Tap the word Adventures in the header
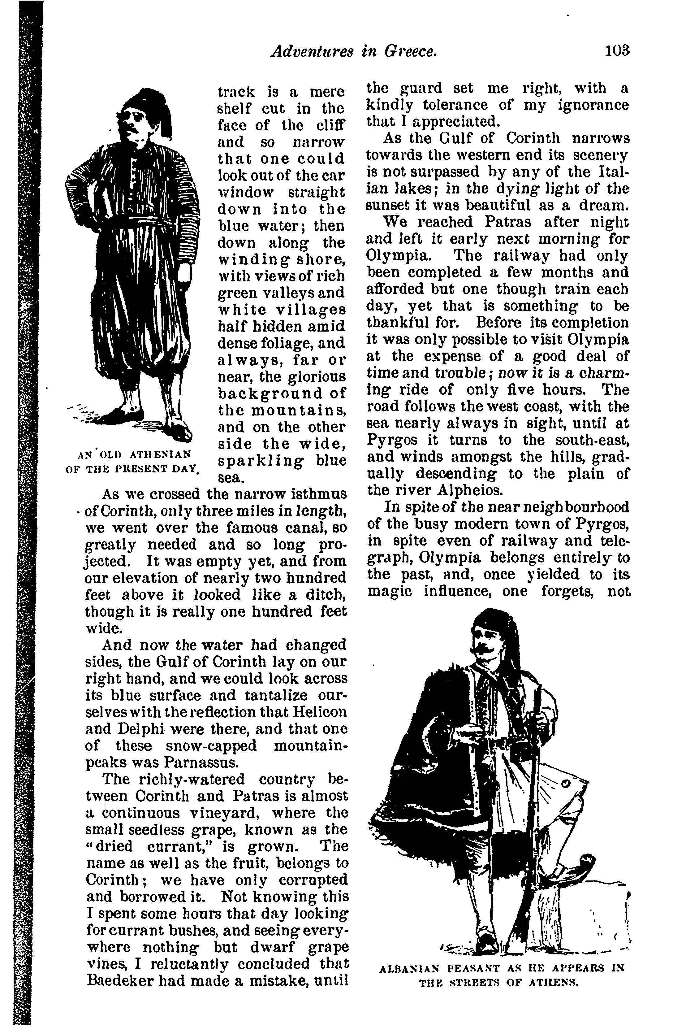point(311,52)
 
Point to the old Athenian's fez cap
point(148,102)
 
